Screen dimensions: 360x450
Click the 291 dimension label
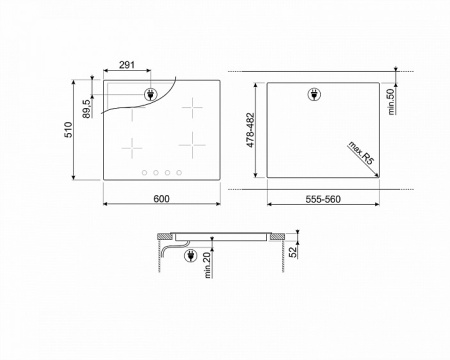pos(127,65)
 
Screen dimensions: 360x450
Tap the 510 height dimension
pos(67,130)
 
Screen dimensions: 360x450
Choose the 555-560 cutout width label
pos(323,198)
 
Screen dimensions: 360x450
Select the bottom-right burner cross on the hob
pos(190,146)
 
